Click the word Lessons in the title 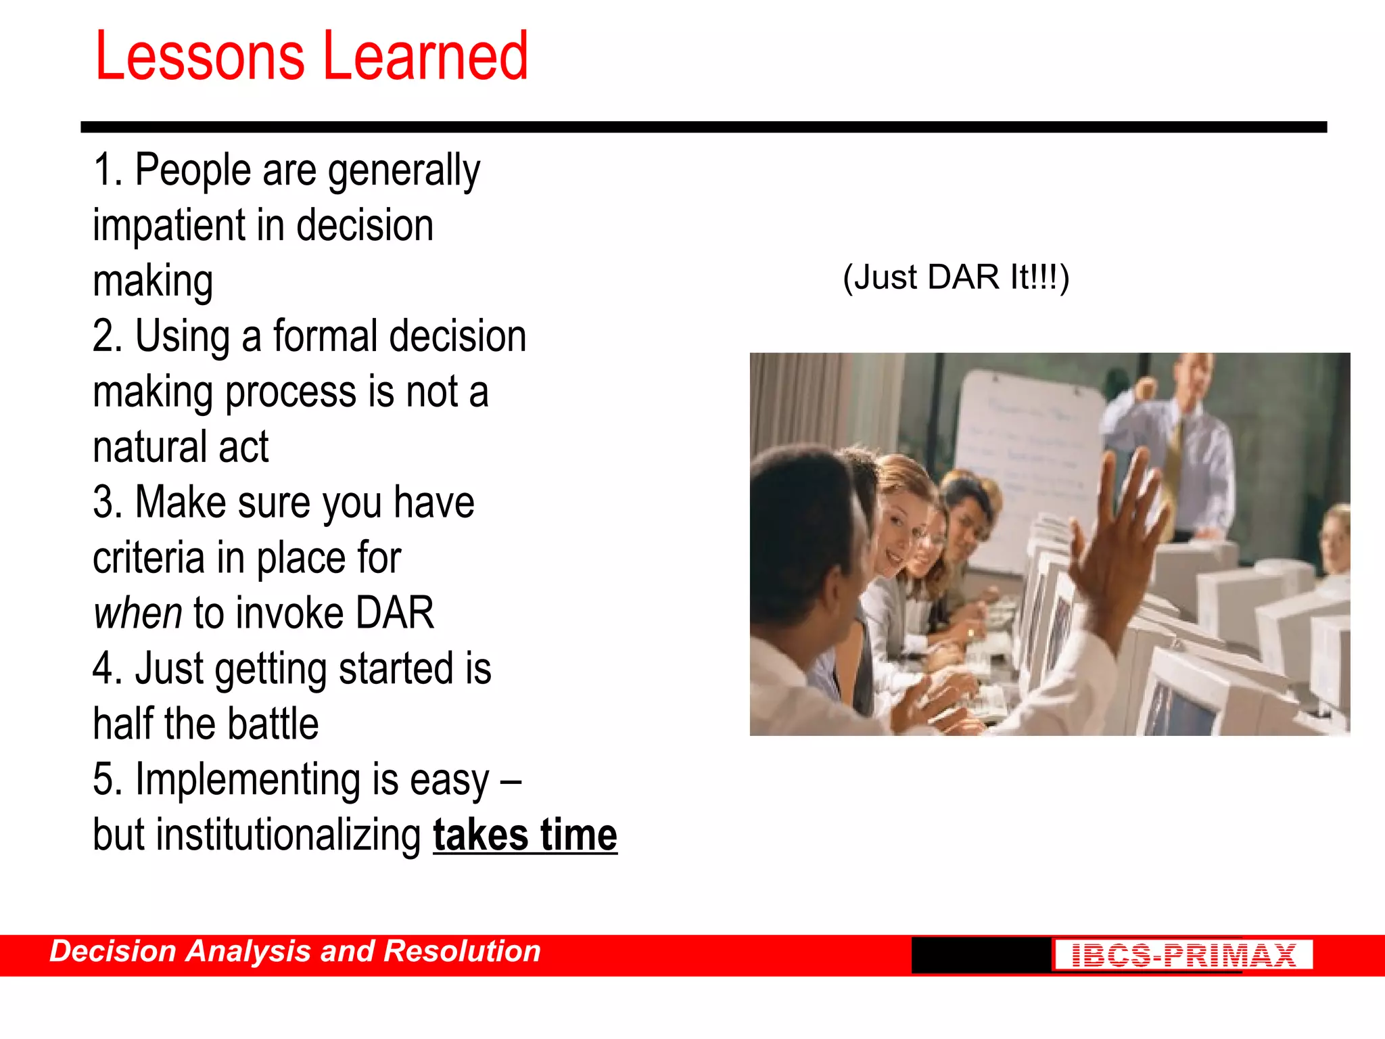pos(199,57)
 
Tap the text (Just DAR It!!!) pos(956,277)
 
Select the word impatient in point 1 pos(169,227)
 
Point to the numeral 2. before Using pos(108,336)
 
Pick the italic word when pos(137,614)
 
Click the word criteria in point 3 pos(148,559)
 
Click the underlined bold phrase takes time pos(525,835)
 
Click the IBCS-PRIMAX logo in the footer pos(1183,955)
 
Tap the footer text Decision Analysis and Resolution pos(295,952)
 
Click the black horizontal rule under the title pos(703,127)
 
